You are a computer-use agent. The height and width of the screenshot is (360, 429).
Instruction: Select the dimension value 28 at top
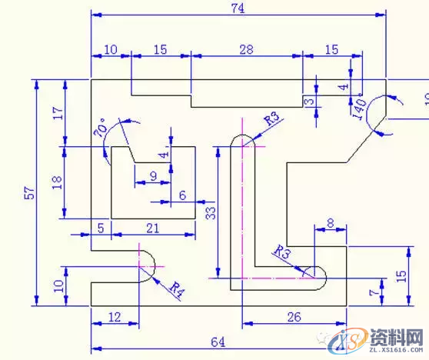[246, 49]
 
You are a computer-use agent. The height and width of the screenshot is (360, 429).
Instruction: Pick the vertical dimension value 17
[57, 113]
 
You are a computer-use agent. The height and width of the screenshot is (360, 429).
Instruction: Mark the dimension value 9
[153, 176]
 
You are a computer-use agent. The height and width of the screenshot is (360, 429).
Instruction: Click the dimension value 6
[182, 195]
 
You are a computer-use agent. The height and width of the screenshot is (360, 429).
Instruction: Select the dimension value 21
[152, 227]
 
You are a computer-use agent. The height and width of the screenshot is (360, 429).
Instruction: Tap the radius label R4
[176, 290]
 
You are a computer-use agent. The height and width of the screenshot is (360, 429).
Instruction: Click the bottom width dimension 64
[218, 342]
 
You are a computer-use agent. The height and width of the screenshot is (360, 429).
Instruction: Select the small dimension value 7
[373, 292]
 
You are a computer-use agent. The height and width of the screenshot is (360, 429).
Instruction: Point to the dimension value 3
[309, 102]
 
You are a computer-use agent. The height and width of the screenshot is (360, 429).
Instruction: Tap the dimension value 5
[101, 227]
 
